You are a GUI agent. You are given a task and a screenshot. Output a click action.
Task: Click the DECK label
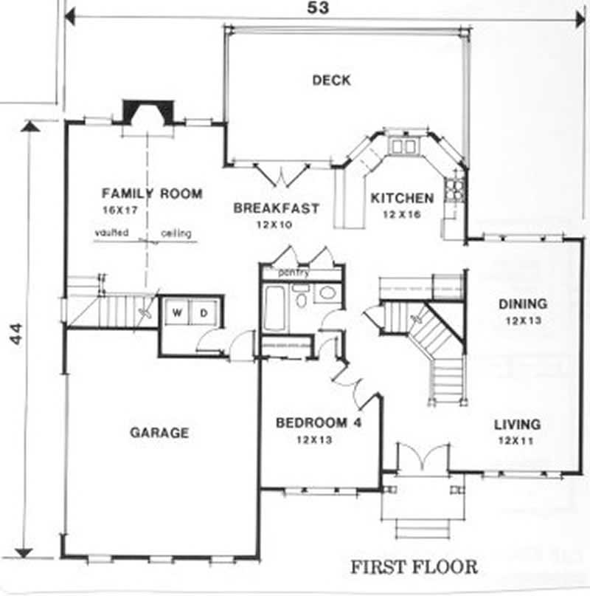click(331, 80)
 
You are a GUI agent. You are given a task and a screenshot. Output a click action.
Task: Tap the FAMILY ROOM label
click(151, 194)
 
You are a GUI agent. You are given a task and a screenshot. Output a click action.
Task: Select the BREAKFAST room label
click(277, 208)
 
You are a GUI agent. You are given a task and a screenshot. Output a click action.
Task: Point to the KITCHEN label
click(402, 198)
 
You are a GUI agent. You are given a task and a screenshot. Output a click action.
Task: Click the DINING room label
click(522, 304)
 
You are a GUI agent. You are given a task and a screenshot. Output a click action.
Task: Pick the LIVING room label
click(517, 425)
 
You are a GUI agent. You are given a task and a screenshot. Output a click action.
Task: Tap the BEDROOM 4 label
click(318, 423)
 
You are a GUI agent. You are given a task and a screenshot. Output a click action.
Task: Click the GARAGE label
click(159, 432)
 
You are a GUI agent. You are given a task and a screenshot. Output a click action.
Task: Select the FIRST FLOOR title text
click(413, 567)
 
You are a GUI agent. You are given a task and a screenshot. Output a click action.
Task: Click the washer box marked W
click(177, 312)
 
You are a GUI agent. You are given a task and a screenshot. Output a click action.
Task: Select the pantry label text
click(293, 273)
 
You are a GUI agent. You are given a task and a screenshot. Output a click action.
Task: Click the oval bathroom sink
click(327, 294)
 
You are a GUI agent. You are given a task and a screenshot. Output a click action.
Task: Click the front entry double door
click(420, 458)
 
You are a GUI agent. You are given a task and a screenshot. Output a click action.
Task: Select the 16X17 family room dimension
click(120, 210)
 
